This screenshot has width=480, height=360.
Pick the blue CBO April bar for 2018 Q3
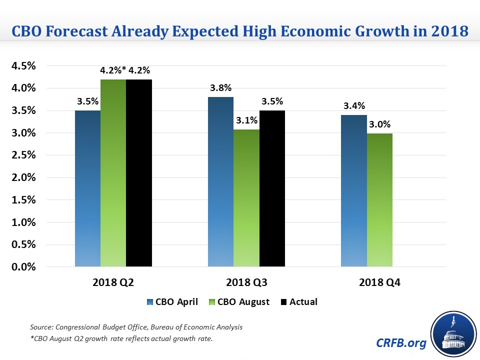(x=220, y=182)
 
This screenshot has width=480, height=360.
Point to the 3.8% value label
(x=220, y=88)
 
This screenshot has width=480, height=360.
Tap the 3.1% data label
(x=246, y=120)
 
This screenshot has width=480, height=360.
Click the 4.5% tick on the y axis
(x=23, y=66)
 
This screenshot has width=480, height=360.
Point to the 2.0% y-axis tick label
(x=23, y=177)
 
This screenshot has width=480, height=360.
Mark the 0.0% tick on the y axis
(x=23, y=267)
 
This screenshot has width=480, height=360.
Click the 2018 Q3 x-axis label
(x=246, y=282)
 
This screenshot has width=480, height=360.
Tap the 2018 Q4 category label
(x=379, y=282)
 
